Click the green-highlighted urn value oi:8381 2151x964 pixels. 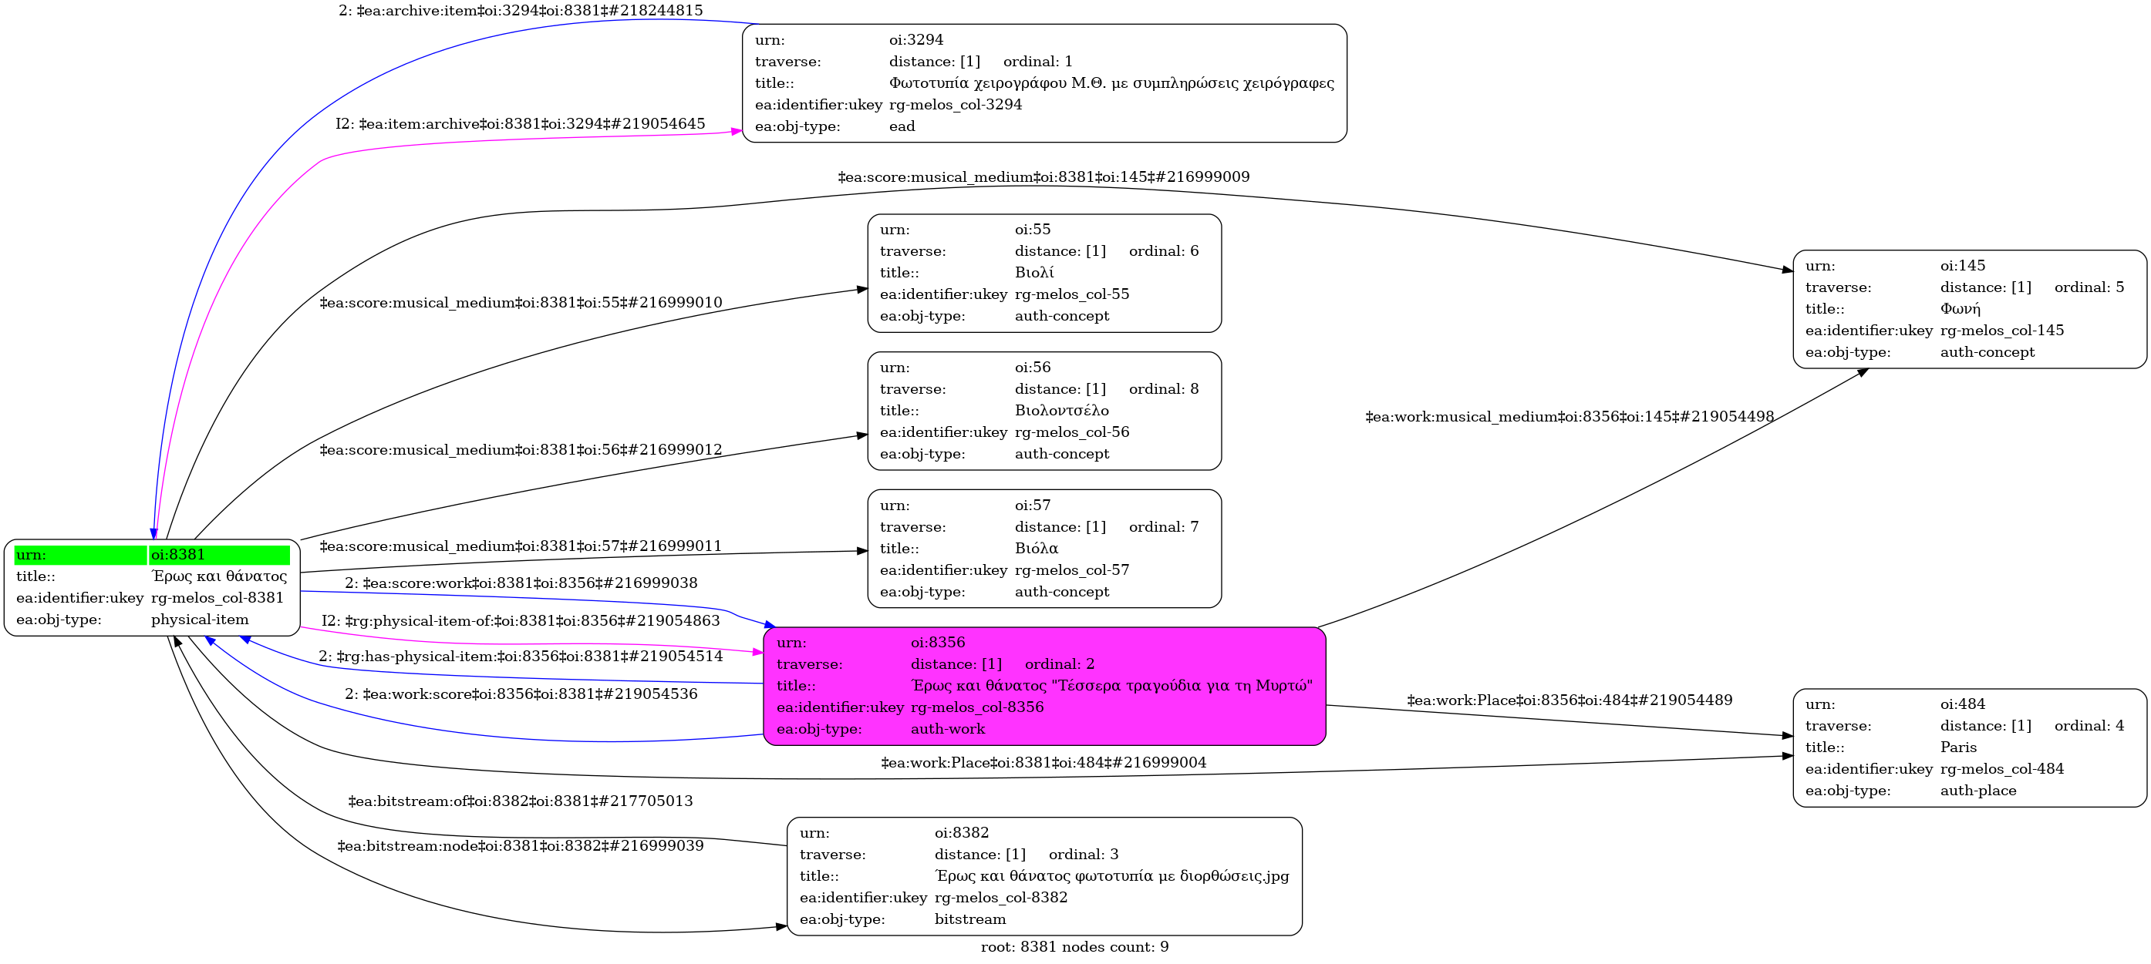point(178,555)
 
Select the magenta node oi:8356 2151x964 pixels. point(1043,686)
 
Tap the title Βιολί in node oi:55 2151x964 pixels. point(1033,273)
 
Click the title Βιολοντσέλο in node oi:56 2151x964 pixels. point(1061,411)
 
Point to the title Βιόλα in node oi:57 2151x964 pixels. point(1037,549)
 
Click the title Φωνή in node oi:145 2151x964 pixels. point(1960,309)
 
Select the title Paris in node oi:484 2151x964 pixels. point(1958,747)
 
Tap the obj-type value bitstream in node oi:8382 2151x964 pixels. point(969,919)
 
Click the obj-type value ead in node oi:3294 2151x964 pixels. point(902,126)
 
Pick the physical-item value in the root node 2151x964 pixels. point(200,620)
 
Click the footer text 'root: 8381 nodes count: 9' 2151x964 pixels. point(1074,946)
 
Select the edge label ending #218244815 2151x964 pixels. point(521,11)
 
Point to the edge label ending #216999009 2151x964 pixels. point(1043,177)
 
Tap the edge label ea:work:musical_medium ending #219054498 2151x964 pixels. point(1569,416)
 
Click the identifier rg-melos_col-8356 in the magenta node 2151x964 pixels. point(977,707)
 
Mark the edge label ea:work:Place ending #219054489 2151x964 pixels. point(1569,700)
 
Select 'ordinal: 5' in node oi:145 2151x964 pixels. point(2089,287)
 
